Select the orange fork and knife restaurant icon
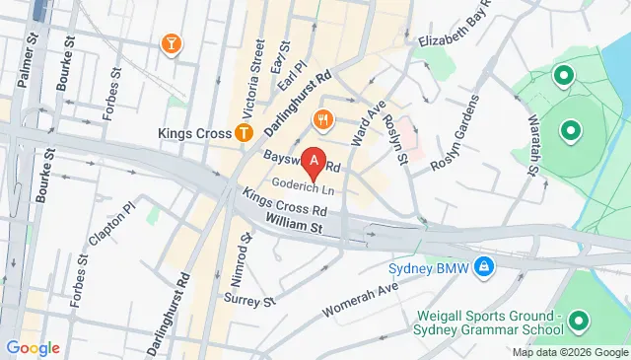[x=321, y=121]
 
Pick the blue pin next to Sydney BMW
[x=484, y=267]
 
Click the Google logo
[x=33, y=347]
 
